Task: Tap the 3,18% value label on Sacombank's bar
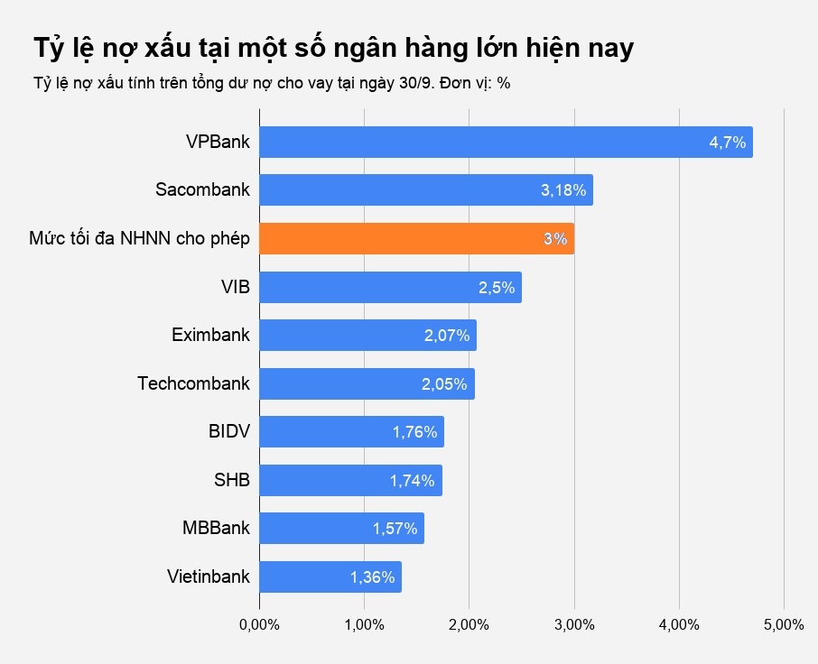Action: tap(563, 191)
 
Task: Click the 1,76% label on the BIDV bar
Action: tap(414, 432)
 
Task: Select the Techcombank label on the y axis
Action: tap(193, 383)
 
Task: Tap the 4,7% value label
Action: tap(727, 143)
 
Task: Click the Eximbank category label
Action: tap(210, 336)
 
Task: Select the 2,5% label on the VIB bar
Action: tap(496, 288)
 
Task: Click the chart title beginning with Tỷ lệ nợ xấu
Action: tap(333, 48)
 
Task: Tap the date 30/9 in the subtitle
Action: tap(409, 83)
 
